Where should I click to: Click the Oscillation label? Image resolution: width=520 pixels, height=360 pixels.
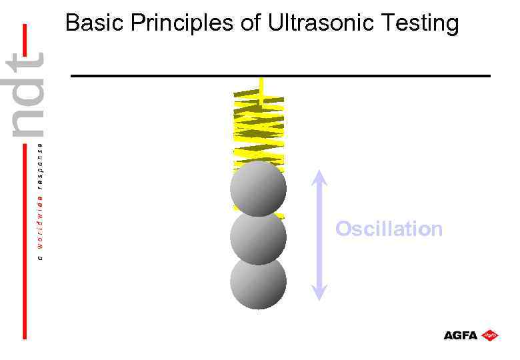[x=389, y=229]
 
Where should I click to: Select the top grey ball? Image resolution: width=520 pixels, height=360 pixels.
[x=258, y=189]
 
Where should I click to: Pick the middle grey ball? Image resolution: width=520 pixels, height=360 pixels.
[x=258, y=236]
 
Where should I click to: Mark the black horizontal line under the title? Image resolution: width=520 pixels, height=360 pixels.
[x=280, y=76]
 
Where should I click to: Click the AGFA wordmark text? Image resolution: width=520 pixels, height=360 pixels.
[x=461, y=335]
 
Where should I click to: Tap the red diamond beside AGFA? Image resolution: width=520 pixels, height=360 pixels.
[x=490, y=335]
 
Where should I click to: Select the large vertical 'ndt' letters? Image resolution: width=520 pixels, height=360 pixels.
[x=28, y=93]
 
